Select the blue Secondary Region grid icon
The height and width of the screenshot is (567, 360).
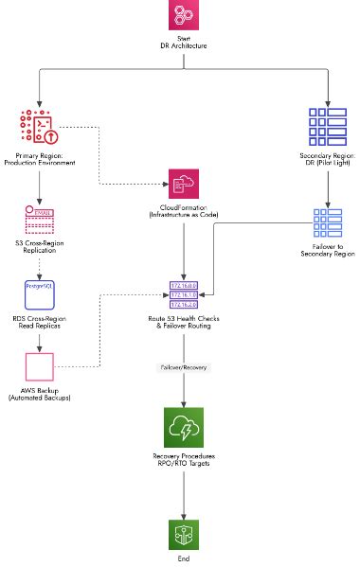(x=325, y=128)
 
